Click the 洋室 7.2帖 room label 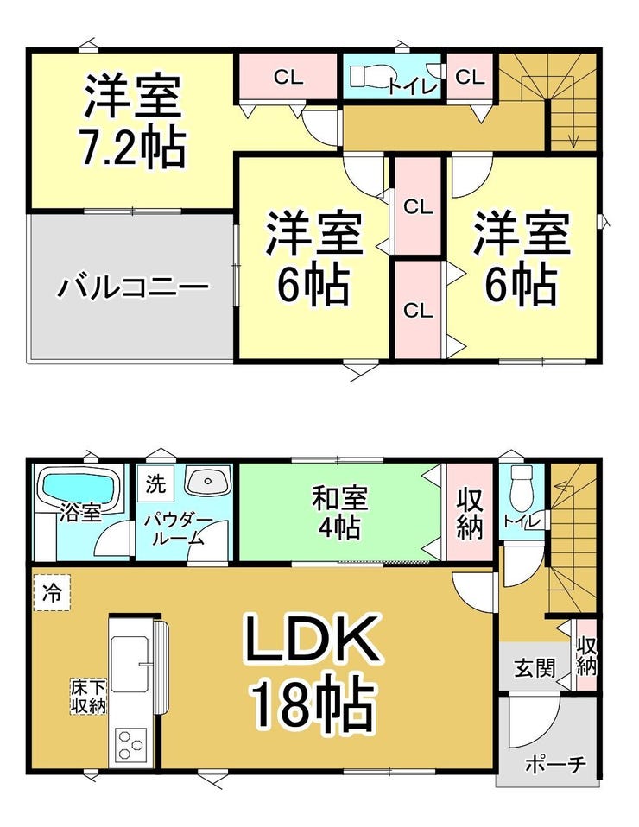[133, 121]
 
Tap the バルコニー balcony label [134, 288]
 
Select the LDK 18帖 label [313, 671]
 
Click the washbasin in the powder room [208, 481]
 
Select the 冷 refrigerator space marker [52, 593]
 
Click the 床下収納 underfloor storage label [89, 696]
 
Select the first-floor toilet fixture [522, 487]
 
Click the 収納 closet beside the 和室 [470, 513]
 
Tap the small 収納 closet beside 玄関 [585, 655]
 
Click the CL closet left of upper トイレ [288, 77]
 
